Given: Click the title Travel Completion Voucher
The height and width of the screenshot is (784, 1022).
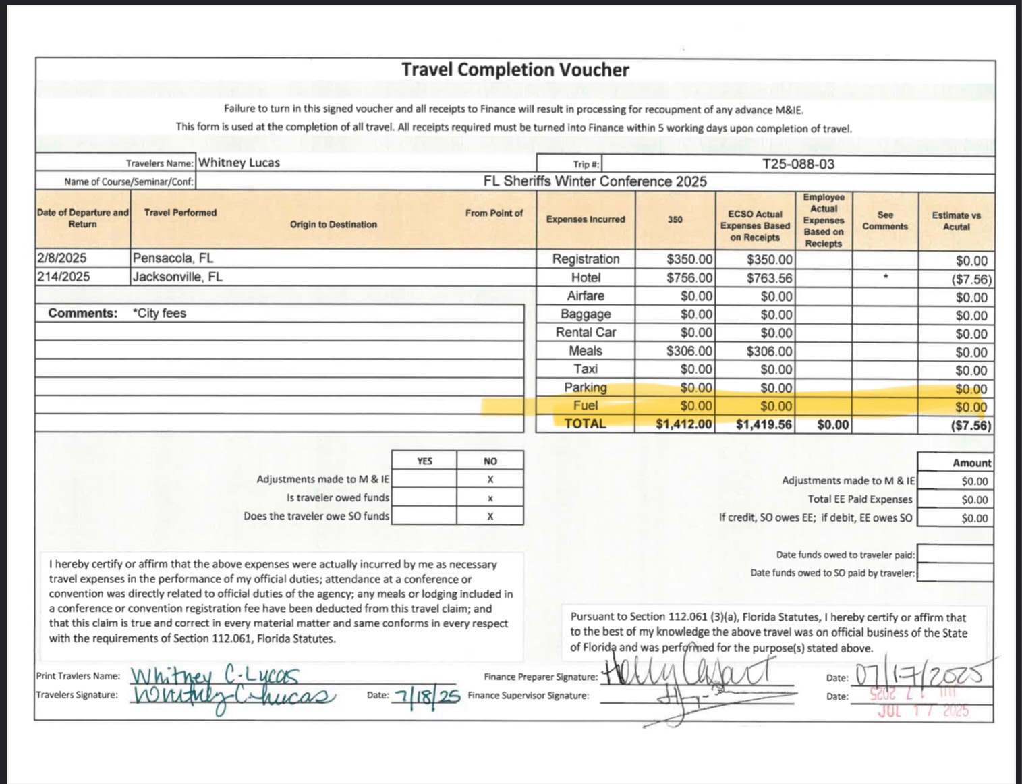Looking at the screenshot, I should tap(515, 70).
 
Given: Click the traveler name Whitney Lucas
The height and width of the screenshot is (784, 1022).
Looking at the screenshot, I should tap(239, 163).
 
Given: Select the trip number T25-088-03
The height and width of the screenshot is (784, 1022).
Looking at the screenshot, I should tap(798, 164).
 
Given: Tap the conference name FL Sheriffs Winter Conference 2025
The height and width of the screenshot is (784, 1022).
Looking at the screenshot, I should tap(595, 181).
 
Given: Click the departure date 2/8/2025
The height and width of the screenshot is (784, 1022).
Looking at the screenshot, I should tap(62, 258).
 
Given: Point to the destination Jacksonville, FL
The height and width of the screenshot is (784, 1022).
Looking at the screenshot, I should tap(177, 277).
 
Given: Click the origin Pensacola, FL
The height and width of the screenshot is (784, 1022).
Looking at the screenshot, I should tap(173, 258).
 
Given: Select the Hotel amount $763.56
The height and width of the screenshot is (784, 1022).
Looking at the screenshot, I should tap(769, 278).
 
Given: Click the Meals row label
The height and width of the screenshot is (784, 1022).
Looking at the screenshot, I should tap(585, 351).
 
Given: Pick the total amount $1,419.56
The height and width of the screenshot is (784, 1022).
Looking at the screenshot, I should tap(764, 424).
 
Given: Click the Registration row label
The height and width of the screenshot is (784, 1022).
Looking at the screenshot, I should tap(585, 259).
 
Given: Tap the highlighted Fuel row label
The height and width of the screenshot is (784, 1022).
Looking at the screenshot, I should tap(585, 405).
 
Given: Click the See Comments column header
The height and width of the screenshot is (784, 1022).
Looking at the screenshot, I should tap(884, 221).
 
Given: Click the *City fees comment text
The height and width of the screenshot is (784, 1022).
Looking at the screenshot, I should tap(160, 313).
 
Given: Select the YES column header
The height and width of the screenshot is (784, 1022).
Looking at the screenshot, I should tap(424, 461).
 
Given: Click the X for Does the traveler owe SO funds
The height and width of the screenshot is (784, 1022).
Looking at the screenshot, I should tap(490, 516).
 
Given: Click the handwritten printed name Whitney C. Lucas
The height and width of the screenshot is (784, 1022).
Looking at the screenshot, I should tap(215, 675).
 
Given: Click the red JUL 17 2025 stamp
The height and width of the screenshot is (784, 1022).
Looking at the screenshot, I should tap(923, 710).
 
